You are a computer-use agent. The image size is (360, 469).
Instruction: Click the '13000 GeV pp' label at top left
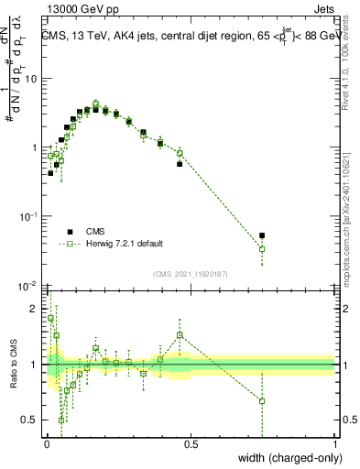[80, 10]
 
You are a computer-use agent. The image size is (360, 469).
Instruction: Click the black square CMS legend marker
[69, 231]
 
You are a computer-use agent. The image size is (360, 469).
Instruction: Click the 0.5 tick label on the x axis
[191, 443]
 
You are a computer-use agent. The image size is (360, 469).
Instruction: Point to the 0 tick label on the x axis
[47, 443]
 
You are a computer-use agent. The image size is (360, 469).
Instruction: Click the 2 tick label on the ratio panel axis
[37, 309]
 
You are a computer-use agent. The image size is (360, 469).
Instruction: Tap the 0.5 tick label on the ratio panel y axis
[31, 420]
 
